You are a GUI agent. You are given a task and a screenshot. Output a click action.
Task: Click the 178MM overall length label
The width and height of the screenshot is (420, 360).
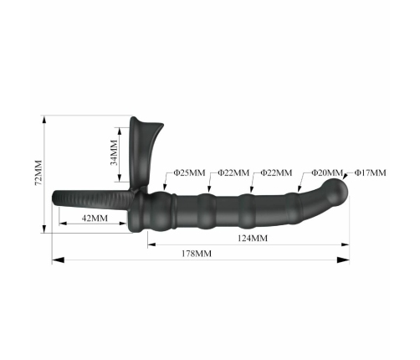[x=197, y=254]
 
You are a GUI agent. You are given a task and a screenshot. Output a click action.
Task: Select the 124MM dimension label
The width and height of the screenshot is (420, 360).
[x=253, y=238]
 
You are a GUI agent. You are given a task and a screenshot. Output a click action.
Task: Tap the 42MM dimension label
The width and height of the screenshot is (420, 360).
[x=95, y=218]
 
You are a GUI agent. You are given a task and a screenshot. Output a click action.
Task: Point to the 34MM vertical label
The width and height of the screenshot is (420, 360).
[x=114, y=152]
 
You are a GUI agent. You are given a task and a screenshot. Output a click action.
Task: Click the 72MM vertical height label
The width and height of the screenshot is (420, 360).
[x=38, y=172]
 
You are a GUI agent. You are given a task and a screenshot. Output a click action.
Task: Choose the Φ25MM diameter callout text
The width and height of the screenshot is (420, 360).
[x=189, y=172]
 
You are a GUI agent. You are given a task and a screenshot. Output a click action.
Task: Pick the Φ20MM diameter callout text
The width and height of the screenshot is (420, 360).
[x=327, y=172]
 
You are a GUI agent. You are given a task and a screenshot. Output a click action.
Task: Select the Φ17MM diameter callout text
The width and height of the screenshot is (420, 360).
[x=370, y=172]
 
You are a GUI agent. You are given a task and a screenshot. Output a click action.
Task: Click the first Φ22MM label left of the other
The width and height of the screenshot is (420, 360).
[x=233, y=172]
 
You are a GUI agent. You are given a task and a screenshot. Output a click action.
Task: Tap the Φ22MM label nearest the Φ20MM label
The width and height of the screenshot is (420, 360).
[x=276, y=172]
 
